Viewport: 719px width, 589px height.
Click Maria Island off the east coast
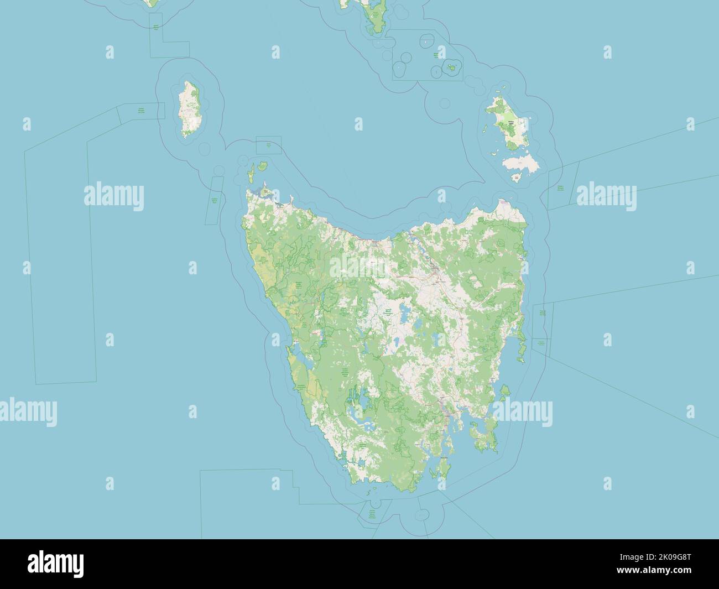coord(504,392)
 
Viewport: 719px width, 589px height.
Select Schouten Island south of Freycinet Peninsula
coord(520,361)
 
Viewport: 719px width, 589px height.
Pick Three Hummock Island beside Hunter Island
coord(262,165)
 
